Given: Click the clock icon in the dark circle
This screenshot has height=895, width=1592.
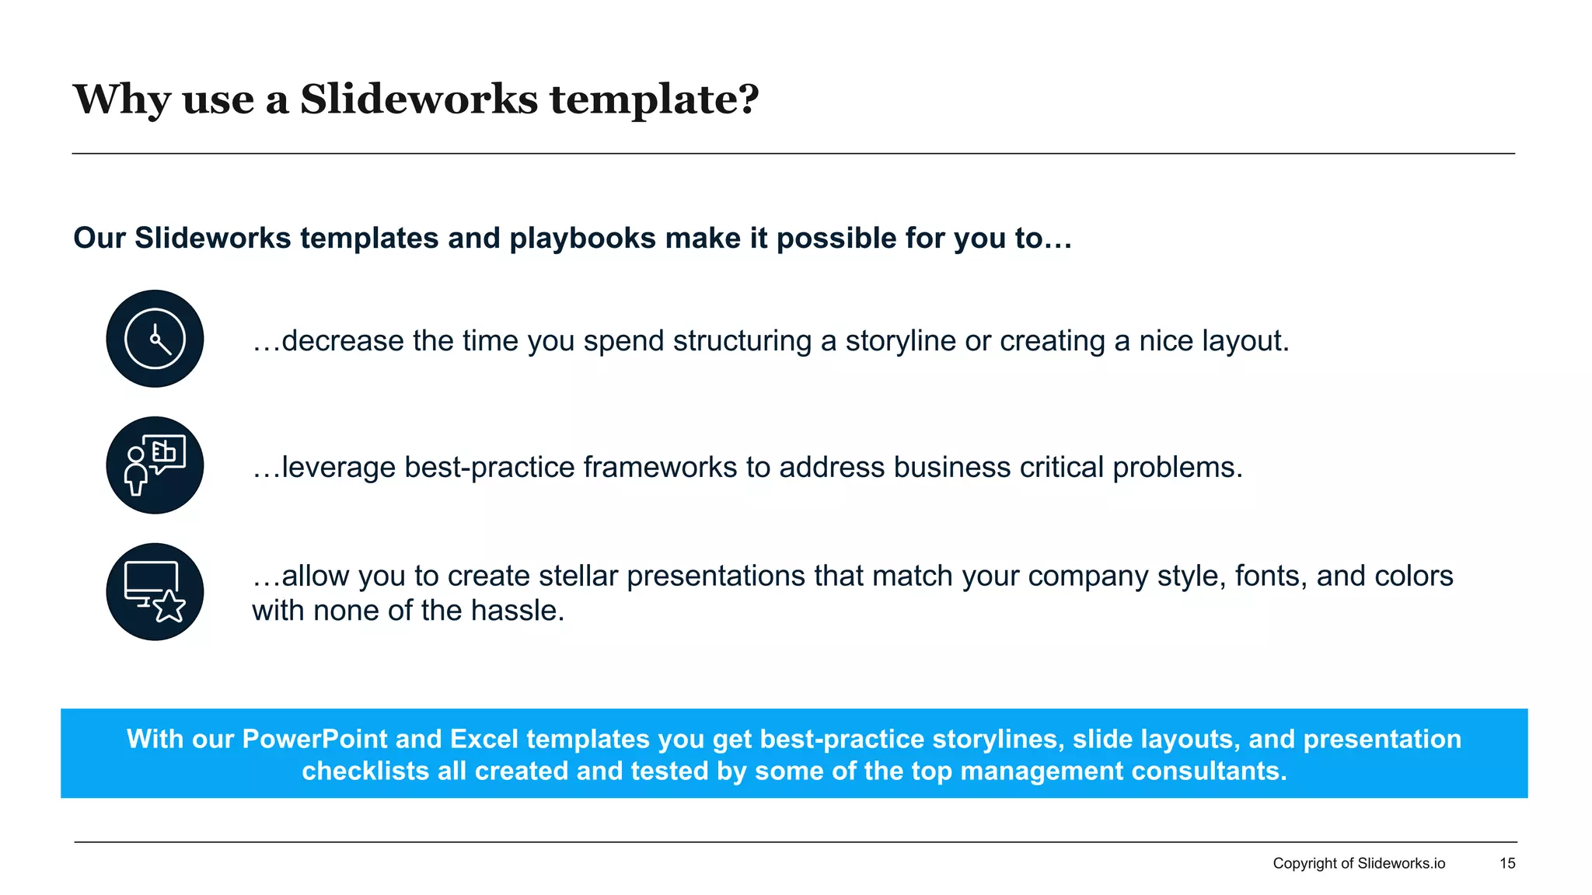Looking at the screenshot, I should click(x=155, y=339).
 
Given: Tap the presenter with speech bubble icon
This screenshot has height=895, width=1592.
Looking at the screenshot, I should click(x=155, y=465).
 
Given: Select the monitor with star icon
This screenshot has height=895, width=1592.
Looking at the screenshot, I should click(x=155, y=592).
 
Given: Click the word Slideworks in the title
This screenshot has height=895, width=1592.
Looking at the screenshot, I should click(x=418, y=99).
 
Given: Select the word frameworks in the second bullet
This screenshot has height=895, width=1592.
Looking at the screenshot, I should click(x=659, y=468).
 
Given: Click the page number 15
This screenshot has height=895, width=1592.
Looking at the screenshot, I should click(x=1506, y=863).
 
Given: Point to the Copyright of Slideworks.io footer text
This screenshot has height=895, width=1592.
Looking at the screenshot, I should click(x=1358, y=863).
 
